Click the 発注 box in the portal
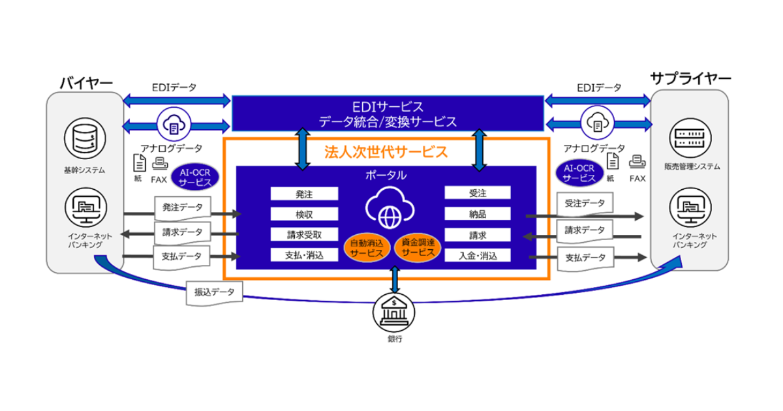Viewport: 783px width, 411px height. coord(304,194)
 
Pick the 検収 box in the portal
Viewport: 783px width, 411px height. coord(304,214)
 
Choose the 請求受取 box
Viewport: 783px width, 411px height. coord(304,235)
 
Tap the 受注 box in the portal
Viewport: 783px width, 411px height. coord(478,194)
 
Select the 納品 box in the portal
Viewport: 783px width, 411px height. coord(478,214)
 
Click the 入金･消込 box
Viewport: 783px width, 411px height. coord(478,256)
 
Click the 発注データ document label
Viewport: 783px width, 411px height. coord(182,208)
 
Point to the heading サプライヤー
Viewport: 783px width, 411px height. coord(690,79)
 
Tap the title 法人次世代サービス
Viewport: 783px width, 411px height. coord(386,153)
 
